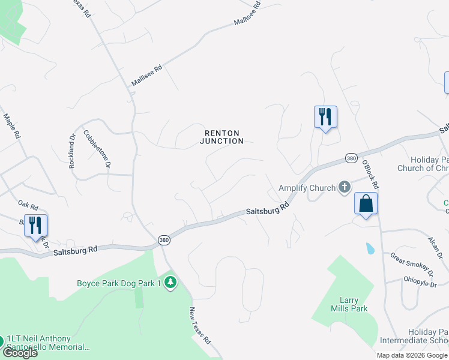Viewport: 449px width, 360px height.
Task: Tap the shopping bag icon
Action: (x=366, y=204)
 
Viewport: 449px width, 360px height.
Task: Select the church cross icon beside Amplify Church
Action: (x=345, y=188)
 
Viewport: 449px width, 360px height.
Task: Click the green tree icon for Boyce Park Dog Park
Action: (x=170, y=283)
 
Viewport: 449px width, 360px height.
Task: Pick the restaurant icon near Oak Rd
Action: (x=35, y=226)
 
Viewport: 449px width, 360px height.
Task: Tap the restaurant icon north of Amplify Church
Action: (x=325, y=116)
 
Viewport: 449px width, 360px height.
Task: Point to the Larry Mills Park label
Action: (x=349, y=304)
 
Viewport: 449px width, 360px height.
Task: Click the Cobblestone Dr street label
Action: (x=97, y=148)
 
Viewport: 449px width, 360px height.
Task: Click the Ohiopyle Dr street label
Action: (x=420, y=281)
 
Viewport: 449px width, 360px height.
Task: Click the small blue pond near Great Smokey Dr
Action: (x=369, y=248)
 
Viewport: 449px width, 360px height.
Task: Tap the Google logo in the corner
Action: (x=20, y=352)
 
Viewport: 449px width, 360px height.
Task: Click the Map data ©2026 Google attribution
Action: (x=412, y=355)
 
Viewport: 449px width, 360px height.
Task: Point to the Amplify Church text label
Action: (x=307, y=188)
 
